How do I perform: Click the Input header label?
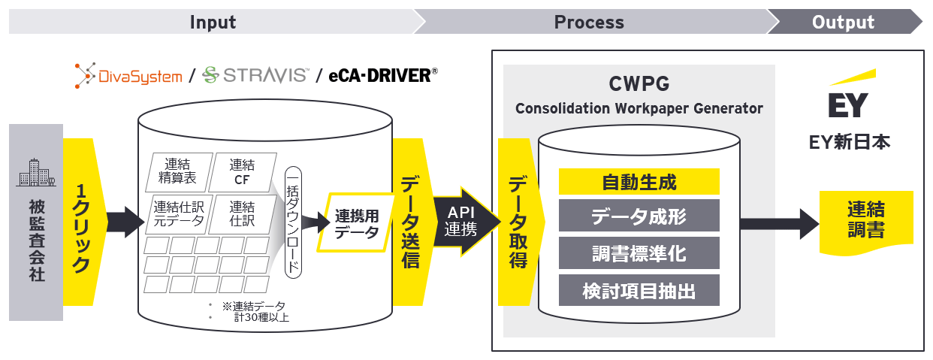(x=213, y=22)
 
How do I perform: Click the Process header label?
(x=589, y=22)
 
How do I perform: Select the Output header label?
(x=843, y=22)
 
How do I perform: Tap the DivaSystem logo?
(x=128, y=75)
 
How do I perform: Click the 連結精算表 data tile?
(x=177, y=174)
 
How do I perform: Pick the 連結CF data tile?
(x=240, y=174)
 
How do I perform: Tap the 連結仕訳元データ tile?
(x=177, y=214)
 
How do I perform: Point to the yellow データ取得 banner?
(x=518, y=222)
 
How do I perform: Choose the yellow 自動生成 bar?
(x=639, y=182)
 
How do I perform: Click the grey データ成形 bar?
(x=639, y=216)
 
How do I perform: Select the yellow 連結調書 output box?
(x=865, y=219)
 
